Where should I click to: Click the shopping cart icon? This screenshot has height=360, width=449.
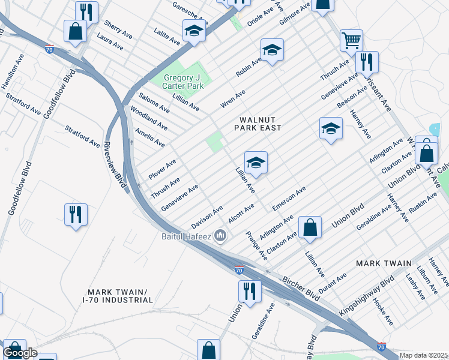click(351, 40)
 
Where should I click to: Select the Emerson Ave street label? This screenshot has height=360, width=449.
click(289, 198)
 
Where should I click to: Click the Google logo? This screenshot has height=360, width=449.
click(20, 353)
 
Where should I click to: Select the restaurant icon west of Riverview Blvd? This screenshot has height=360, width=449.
click(76, 214)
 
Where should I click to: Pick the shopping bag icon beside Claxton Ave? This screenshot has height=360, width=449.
click(310, 227)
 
